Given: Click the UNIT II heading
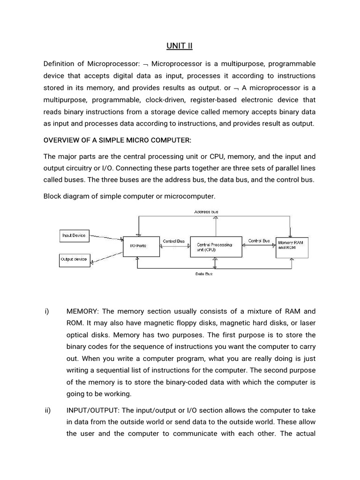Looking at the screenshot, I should coord(180,45).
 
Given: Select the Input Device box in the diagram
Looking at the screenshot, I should coord(74,235).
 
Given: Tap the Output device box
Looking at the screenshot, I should coord(74,259).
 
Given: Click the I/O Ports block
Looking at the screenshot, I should coord(138,245).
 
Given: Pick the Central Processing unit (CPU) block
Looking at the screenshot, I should coord(216,247).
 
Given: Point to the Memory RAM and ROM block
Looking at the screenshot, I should coord(292,245).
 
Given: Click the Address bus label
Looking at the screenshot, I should coord(206,212).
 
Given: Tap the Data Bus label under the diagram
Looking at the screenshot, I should coord(204,274).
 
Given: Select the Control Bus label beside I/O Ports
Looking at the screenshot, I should coord(173,241).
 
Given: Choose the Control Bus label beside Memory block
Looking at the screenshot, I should coord(259,240).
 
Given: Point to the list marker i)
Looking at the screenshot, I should coord(47,311).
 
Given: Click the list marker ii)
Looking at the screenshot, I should coord(47,410).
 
